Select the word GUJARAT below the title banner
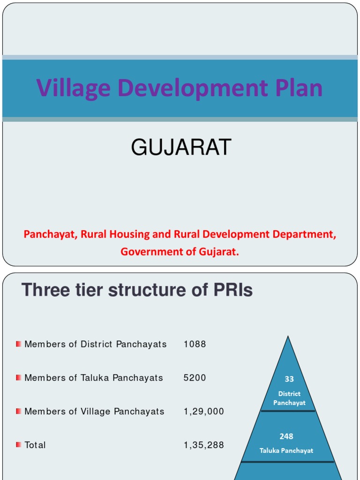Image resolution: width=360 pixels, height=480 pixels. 181,148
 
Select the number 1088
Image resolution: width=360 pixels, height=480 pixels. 195,345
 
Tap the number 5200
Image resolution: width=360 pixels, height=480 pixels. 195,378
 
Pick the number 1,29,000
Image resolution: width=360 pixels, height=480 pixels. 203,412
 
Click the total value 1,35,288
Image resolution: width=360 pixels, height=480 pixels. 203,445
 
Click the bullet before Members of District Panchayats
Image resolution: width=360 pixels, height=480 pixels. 18,344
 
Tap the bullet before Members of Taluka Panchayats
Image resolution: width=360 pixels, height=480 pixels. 18,377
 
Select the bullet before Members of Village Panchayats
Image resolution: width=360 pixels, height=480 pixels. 18,411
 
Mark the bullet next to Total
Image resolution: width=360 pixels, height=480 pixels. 18,444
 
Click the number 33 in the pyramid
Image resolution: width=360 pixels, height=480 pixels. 289,379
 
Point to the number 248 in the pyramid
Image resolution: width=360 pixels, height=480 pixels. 286,436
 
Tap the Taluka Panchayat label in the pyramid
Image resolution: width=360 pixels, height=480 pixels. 286,450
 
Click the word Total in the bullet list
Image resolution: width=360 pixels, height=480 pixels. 35,445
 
